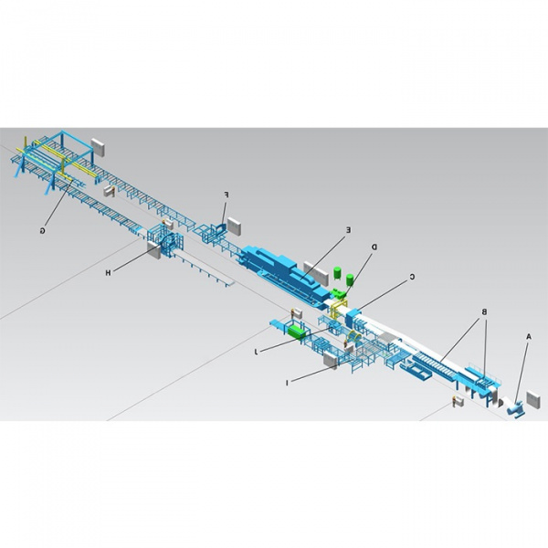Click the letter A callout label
[x=529, y=336]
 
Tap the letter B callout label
[x=484, y=311]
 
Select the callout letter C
[x=413, y=277]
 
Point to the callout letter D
[x=374, y=248]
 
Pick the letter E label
[x=348, y=230]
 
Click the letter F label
[x=226, y=195]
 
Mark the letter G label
[x=42, y=231]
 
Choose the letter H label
[x=109, y=272]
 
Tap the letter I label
[x=287, y=383]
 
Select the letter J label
[x=256, y=352]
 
